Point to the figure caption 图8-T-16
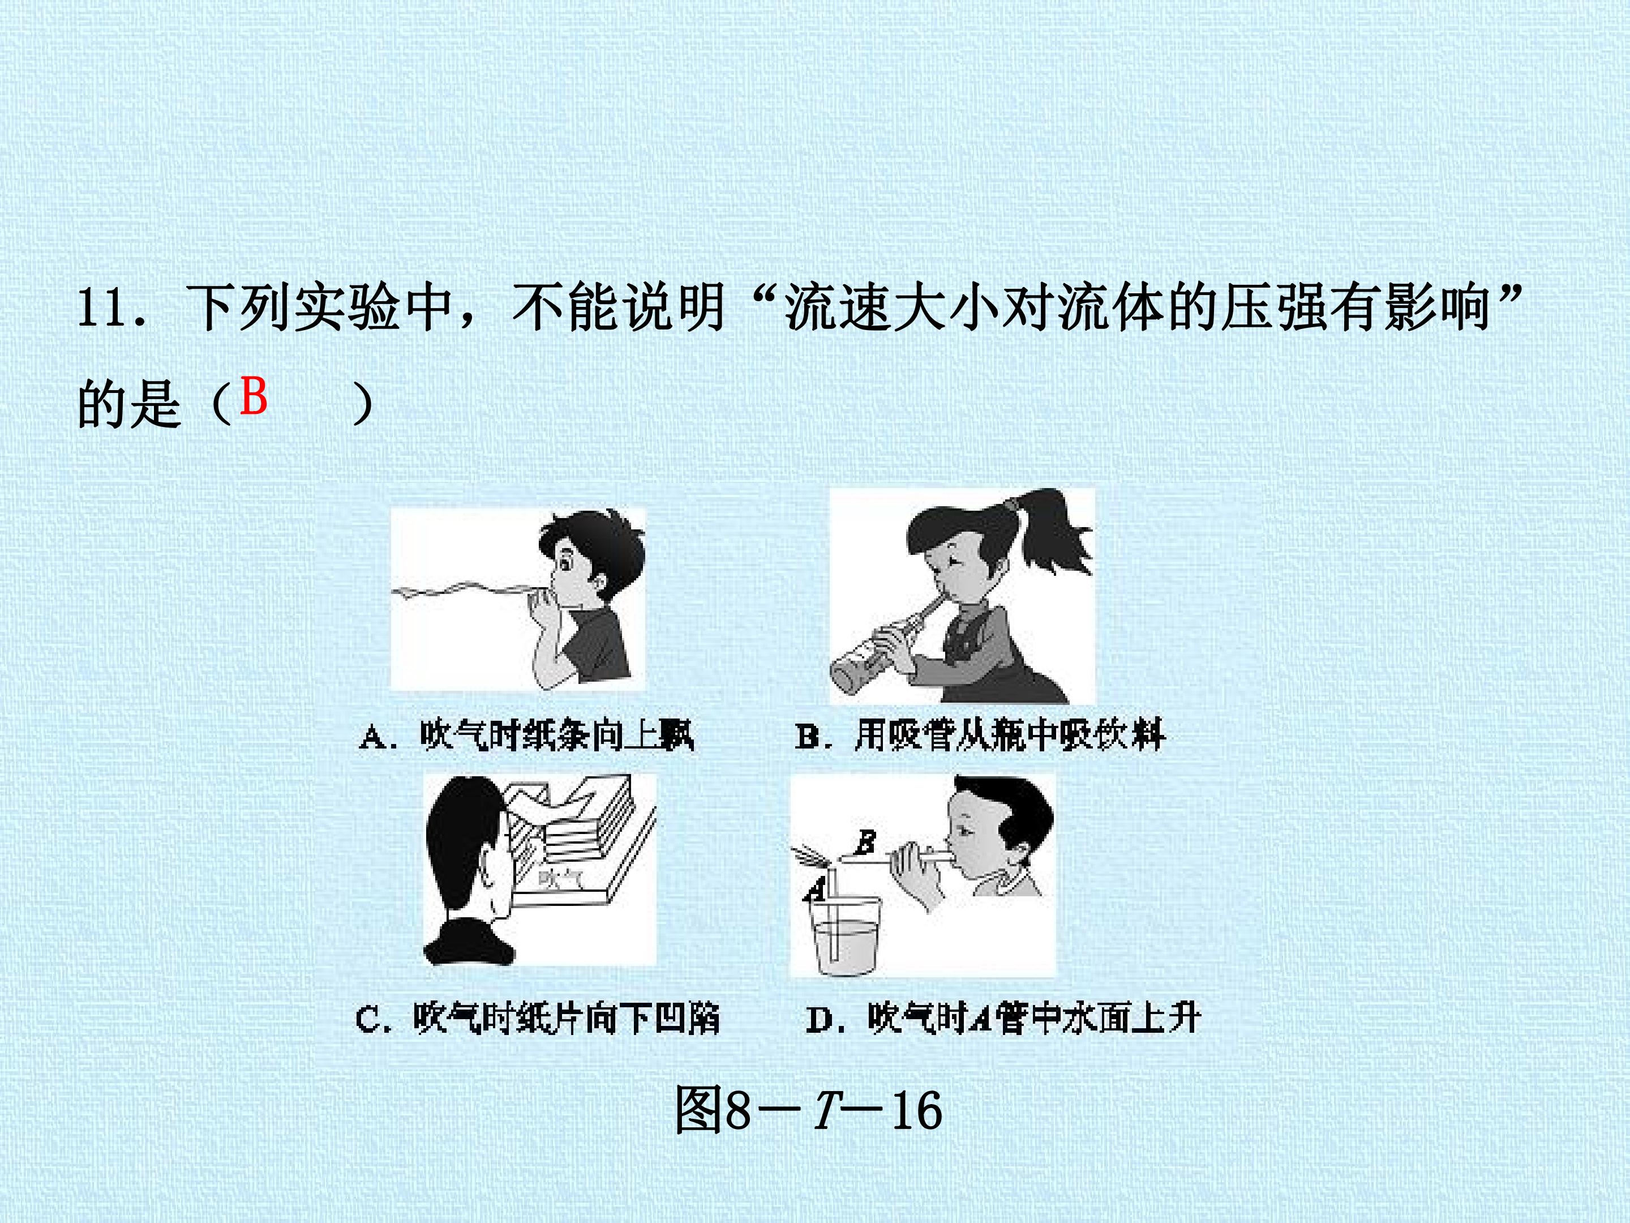pyautogui.click(x=808, y=1110)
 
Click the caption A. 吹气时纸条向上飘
pyautogui.click(x=527, y=735)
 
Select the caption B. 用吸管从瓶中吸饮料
pyautogui.click(x=980, y=735)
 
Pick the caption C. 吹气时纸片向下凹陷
pyautogui.click(x=537, y=1019)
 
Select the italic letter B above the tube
pyautogui.click(x=867, y=840)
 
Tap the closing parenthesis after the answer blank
pyautogui.click(x=361, y=403)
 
